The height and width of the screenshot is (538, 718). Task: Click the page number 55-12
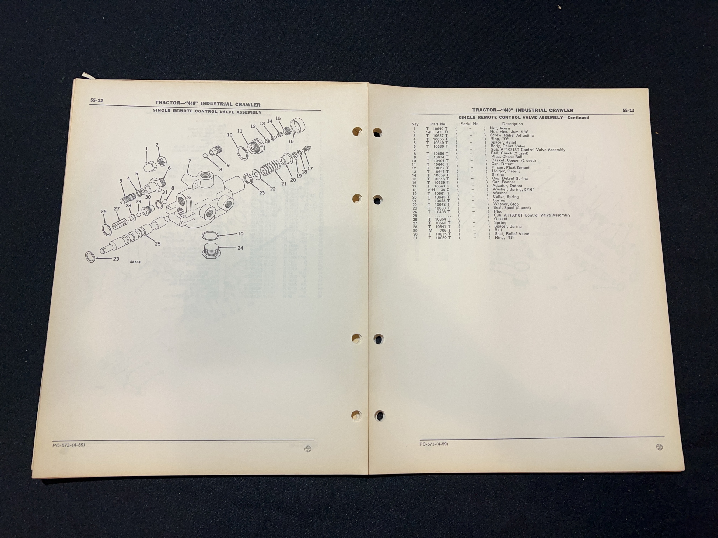96,101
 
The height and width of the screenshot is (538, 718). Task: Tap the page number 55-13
628,110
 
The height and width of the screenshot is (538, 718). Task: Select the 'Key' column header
415,124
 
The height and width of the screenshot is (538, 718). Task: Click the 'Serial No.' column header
470,124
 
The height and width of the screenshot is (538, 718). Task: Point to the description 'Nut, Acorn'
500,128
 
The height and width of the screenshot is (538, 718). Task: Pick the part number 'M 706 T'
438,231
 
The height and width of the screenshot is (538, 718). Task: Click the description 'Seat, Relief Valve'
512,234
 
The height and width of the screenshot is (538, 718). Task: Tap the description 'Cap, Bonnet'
503,182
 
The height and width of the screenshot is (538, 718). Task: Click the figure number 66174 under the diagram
135,262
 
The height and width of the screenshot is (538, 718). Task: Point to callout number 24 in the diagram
240,248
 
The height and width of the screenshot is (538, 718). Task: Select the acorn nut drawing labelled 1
150,166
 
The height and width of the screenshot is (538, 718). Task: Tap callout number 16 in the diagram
291,141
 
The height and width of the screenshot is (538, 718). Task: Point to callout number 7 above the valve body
190,161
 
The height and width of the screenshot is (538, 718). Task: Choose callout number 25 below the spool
157,244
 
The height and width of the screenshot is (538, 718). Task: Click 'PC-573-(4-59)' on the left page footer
68,445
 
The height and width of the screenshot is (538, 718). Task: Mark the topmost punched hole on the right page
377,133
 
